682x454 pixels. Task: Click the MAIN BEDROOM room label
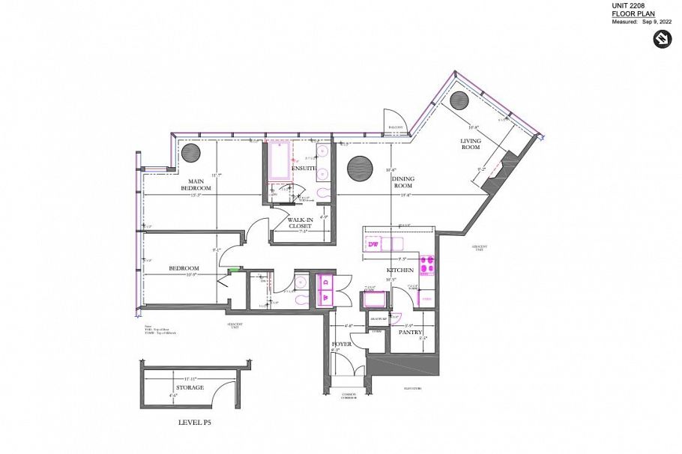click(196, 184)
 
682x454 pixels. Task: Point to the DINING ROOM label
click(404, 182)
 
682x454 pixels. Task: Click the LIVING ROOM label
click(470, 144)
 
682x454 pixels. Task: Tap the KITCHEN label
click(399, 270)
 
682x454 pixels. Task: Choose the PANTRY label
click(410, 332)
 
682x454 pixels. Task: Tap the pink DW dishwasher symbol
click(373, 244)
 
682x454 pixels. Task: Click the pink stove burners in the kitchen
click(427, 264)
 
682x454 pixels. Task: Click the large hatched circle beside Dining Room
click(360, 168)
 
